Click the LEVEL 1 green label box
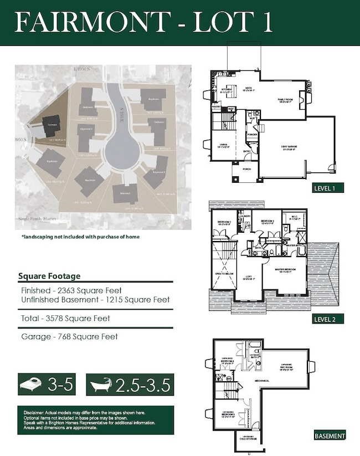tap(328, 187)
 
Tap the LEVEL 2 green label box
tap(328, 319)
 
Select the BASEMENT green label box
tap(330, 435)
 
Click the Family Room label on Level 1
tap(285, 100)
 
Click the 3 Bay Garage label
tap(289, 147)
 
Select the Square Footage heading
tap(49, 276)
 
